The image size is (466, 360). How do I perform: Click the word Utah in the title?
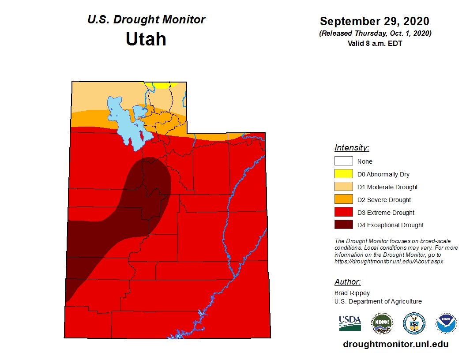click(x=146, y=39)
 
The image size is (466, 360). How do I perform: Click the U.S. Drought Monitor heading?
click(x=146, y=20)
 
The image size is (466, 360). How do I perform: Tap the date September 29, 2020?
click(x=374, y=21)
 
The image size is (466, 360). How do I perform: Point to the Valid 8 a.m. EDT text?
click(x=374, y=43)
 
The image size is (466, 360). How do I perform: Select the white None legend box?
click(x=344, y=161)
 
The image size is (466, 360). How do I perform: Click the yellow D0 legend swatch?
click(x=344, y=174)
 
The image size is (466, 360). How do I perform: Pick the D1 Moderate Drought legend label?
click(x=387, y=187)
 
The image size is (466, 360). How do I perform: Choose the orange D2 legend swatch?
click(x=344, y=199)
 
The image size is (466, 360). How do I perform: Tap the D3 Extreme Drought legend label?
click(x=386, y=213)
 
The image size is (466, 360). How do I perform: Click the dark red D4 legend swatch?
click(x=344, y=225)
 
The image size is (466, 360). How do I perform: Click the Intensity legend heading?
click(x=352, y=148)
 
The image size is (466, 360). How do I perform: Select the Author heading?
click(x=347, y=282)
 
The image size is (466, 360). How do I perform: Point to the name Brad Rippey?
click(x=352, y=293)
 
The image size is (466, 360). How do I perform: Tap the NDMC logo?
click(x=382, y=323)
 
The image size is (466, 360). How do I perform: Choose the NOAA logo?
click(x=446, y=323)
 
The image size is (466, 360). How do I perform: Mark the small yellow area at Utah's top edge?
click(x=161, y=85)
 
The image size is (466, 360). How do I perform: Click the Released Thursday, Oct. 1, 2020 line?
click(x=374, y=34)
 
